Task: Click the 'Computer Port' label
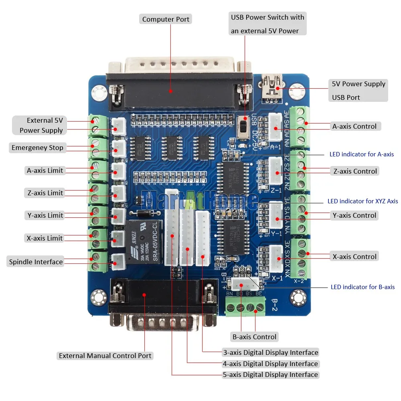point(166,19)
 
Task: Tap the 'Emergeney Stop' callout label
point(37,148)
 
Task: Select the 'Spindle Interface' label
point(36,262)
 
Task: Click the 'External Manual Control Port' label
point(105,356)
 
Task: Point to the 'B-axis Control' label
point(254,337)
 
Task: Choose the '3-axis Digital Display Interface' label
point(270,352)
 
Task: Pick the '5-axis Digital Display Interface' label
point(270,375)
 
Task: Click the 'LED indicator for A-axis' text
point(361,154)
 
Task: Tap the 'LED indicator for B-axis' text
point(363,287)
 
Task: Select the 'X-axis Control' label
point(354,257)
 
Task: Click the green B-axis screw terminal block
point(245,307)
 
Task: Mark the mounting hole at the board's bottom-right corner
point(297,297)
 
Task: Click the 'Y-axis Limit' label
point(45,215)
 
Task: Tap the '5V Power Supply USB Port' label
point(358,90)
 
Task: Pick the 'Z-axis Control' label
point(355,171)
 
